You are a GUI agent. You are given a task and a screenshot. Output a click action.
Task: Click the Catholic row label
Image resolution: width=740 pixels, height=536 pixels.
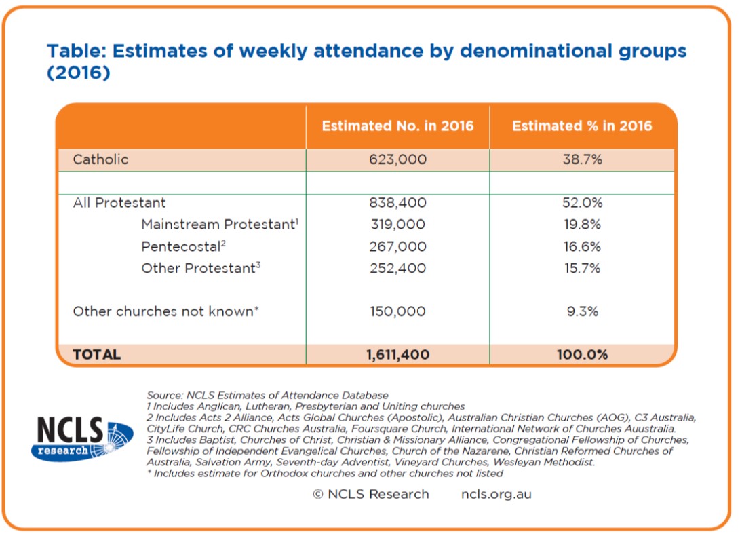(x=100, y=159)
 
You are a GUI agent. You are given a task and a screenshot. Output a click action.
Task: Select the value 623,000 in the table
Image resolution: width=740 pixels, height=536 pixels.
(x=398, y=159)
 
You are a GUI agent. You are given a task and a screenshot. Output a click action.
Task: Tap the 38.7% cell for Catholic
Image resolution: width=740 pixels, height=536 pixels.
(x=583, y=159)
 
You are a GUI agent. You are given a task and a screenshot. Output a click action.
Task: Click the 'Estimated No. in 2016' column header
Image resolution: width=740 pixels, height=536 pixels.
(x=398, y=126)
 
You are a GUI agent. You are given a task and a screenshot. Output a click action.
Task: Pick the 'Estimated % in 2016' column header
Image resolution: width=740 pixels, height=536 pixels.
(x=583, y=126)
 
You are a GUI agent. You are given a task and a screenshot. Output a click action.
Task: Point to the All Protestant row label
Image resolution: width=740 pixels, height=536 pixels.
(x=119, y=203)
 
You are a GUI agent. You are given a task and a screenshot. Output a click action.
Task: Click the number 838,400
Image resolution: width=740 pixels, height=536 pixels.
(x=398, y=203)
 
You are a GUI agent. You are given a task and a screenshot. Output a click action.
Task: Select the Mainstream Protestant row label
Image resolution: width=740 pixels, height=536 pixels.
(x=220, y=224)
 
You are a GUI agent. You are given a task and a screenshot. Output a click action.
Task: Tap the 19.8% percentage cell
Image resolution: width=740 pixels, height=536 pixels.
(x=583, y=225)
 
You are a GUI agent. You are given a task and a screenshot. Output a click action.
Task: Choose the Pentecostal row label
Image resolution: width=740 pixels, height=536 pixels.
(x=184, y=246)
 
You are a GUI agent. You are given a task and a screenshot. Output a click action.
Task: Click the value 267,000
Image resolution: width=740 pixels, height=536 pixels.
(x=398, y=246)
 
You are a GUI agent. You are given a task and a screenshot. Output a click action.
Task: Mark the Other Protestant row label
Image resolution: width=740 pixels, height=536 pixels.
(x=201, y=268)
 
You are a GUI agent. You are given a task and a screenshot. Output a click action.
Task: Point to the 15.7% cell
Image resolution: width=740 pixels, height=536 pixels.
(x=583, y=268)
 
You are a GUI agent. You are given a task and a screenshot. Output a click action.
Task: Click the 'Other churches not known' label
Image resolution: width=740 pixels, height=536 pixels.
(x=165, y=311)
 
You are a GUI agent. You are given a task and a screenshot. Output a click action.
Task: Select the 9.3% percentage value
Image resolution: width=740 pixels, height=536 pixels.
(x=583, y=311)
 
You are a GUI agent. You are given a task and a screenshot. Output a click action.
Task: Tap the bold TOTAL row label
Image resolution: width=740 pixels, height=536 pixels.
(x=97, y=354)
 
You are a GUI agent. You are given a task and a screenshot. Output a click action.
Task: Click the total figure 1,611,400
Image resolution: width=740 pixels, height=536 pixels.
(x=398, y=355)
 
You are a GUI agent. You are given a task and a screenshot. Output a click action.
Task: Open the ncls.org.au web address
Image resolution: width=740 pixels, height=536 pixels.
(x=496, y=495)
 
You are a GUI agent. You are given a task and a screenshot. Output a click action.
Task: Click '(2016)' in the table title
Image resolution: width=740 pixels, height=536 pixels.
(x=79, y=72)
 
